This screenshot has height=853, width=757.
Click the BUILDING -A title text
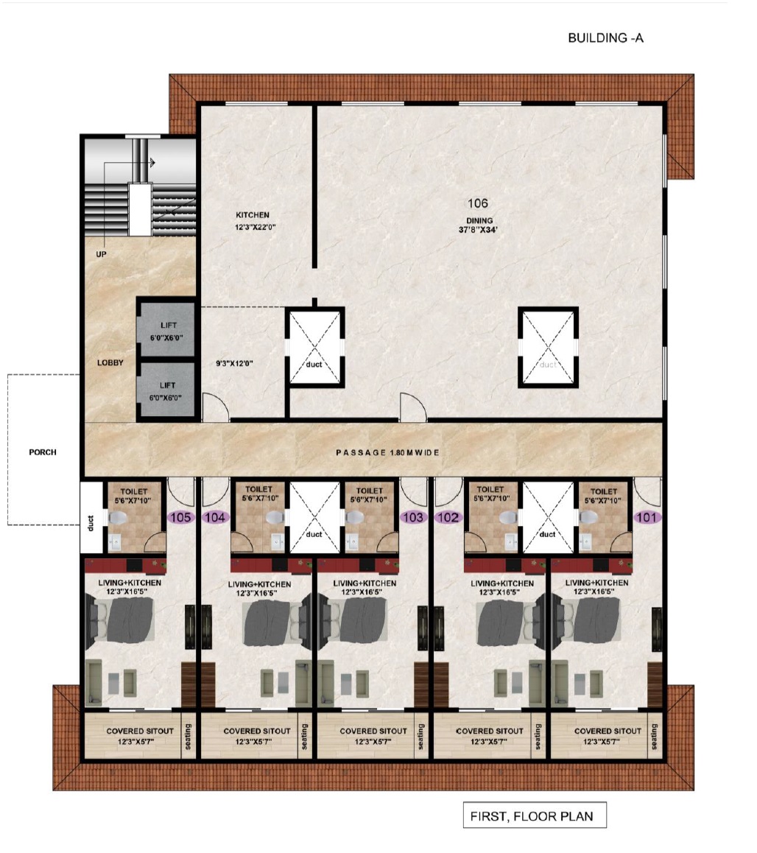click(x=605, y=38)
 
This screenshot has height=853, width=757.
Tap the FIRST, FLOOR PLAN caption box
click(x=535, y=815)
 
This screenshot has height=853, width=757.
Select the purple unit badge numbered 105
click(x=180, y=517)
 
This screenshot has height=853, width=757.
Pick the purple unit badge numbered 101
click(x=647, y=517)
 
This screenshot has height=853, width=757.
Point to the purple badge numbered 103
click(x=413, y=517)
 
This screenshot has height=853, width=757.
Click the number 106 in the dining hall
click(x=477, y=203)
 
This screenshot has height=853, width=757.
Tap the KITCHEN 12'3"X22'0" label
click(x=254, y=221)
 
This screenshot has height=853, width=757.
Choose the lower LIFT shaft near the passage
click(x=166, y=390)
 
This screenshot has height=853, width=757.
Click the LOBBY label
click(x=110, y=363)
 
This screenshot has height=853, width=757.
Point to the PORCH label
click(x=43, y=452)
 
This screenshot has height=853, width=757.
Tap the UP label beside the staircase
click(x=101, y=254)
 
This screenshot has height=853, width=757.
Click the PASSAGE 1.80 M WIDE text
click(x=387, y=452)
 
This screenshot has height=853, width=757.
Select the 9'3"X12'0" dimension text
click(x=234, y=363)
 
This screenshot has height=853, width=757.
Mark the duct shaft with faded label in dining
click(x=548, y=347)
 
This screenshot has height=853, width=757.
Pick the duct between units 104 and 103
click(x=314, y=517)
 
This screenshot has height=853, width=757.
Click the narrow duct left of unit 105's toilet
click(x=91, y=517)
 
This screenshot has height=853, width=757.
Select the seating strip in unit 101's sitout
click(x=654, y=736)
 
